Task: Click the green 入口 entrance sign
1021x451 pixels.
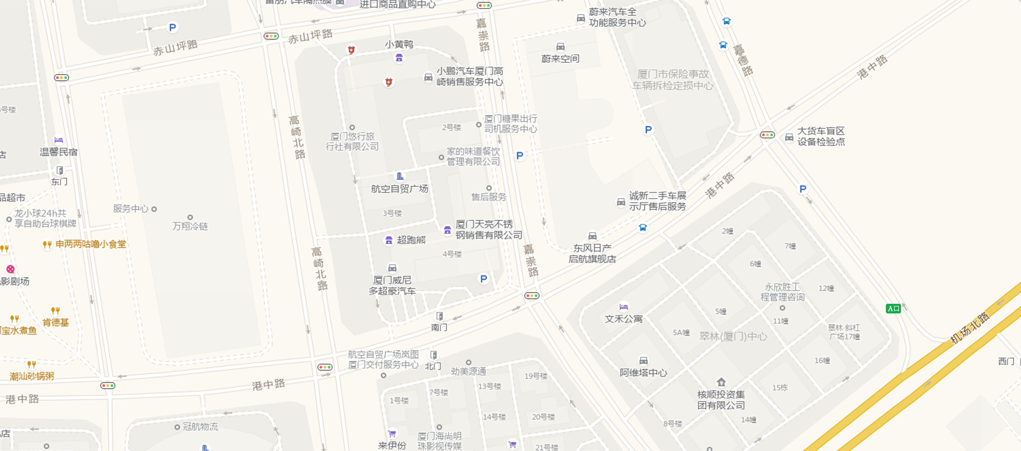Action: [893, 308]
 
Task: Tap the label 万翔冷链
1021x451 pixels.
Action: [190, 226]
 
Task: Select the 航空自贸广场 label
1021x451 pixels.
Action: [399, 188]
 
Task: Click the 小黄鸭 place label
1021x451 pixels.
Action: [399, 45]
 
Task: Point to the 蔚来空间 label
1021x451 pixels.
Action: [560, 59]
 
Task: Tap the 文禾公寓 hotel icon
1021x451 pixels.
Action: [623, 307]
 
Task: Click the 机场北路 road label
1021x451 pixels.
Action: [970, 328]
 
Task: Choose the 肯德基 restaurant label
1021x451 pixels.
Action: [56, 322]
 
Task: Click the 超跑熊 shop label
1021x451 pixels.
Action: [411, 240]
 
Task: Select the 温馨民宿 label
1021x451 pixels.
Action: [58, 152]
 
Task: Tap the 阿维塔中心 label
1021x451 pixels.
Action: [643, 373]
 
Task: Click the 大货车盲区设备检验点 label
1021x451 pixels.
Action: [821, 136]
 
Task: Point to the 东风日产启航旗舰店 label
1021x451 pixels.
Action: [592, 253]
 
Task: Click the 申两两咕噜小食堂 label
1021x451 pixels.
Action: [91, 244]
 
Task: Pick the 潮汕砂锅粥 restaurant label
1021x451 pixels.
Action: [32, 376]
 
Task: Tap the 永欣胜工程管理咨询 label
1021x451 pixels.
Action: [782, 292]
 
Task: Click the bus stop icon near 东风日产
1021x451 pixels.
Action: [643, 228]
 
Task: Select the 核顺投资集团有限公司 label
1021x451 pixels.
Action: [721, 399]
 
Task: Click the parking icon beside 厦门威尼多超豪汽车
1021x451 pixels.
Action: [483, 279]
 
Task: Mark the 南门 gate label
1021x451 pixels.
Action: [439, 327]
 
